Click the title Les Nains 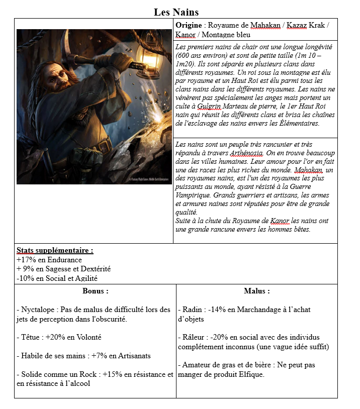tap(176, 12)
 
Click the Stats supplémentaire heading tap(55, 250)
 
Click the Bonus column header tap(95, 291)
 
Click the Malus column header tap(256, 291)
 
